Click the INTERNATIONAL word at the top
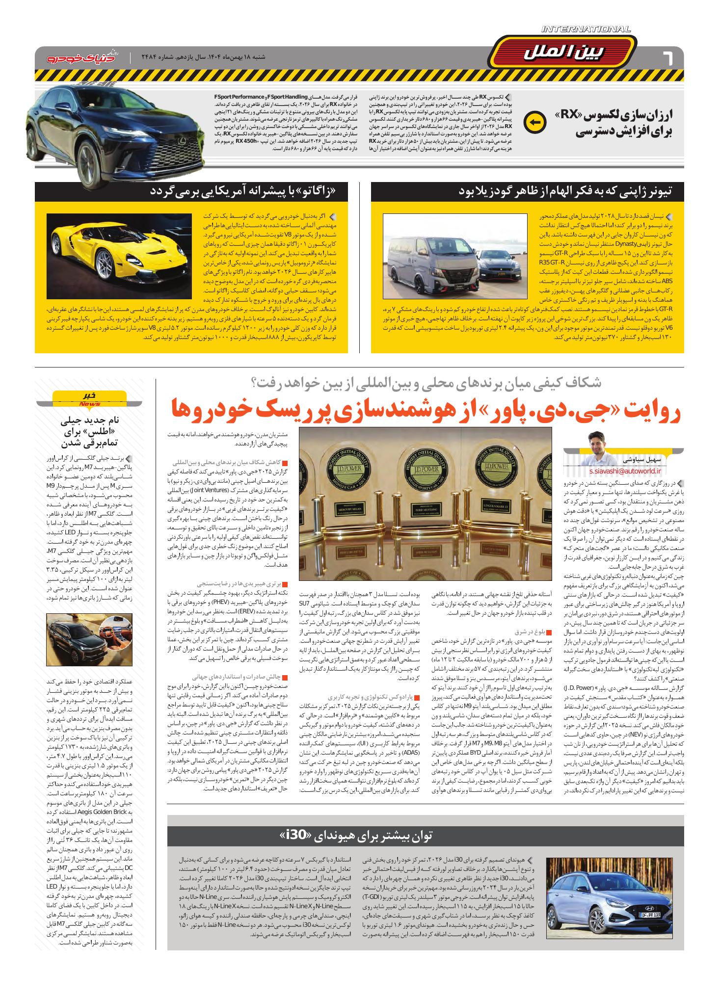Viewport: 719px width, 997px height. (x=586, y=30)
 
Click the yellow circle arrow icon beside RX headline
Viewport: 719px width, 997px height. (x=534, y=123)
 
